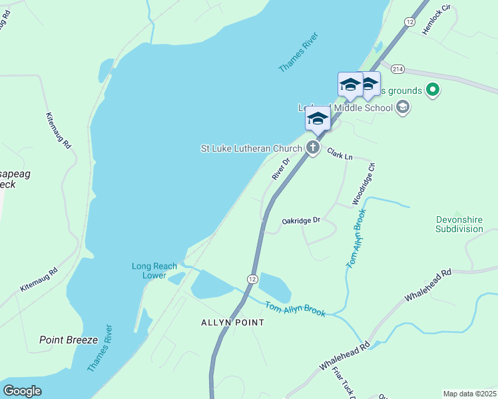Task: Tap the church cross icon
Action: (x=313, y=148)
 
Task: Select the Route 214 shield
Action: (x=398, y=69)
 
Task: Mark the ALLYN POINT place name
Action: (x=233, y=323)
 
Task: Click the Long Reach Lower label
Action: (x=149, y=271)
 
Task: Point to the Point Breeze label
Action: (x=68, y=340)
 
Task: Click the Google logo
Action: (x=22, y=391)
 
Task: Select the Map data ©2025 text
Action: (x=469, y=394)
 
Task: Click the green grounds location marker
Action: (x=433, y=89)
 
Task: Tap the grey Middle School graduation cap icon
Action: (x=402, y=106)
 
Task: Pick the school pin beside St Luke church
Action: (x=318, y=119)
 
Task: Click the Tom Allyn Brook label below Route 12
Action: (x=295, y=309)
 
